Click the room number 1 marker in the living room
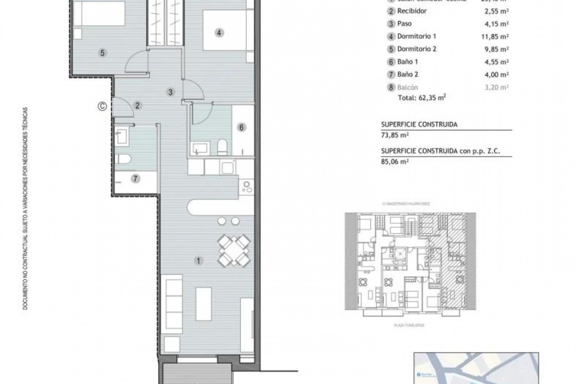198,261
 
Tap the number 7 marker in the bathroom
135,179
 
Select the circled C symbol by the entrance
103,106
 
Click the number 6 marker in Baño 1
241,127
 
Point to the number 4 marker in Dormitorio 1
219,32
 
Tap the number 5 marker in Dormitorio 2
102,53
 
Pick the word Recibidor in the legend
412,11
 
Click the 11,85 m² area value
495,37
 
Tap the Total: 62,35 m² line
422,97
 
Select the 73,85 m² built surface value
395,135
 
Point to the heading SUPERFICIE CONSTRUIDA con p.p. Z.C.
440,151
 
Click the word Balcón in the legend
407,87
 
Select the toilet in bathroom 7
123,159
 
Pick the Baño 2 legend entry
408,74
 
